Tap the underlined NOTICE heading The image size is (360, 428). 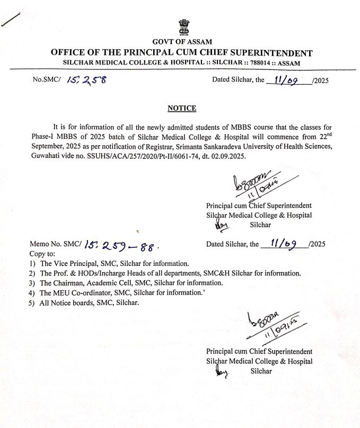click(x=181, y=108)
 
